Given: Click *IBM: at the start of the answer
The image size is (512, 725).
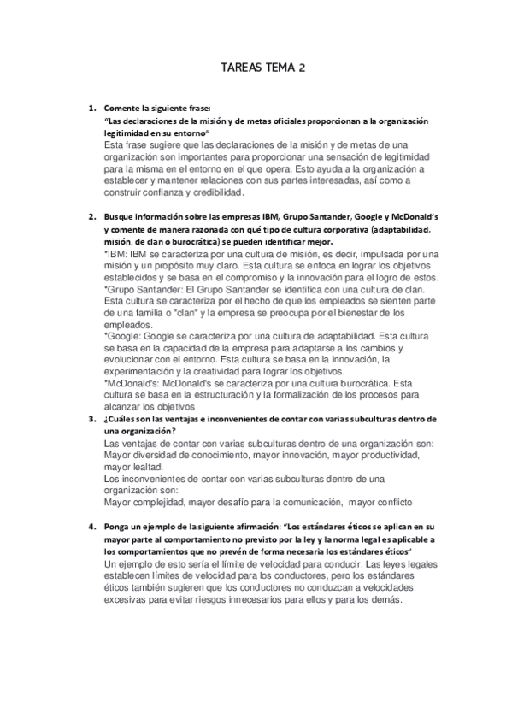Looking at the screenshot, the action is coord(115,254).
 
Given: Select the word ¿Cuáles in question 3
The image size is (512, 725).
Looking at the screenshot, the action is coord(120,419).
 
